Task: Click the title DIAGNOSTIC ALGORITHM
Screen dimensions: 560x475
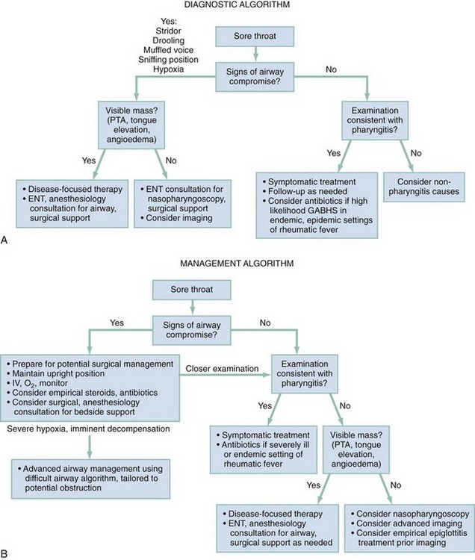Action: click(x=238, y=6)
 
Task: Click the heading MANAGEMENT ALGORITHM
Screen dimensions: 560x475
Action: click(x=238, y=264)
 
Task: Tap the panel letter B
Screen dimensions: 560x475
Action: click(x=6, y=553)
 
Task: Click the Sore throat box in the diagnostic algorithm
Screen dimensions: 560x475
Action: click(x=255, y=37)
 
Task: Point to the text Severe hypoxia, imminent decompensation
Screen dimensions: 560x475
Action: click(x=87, y=430)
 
